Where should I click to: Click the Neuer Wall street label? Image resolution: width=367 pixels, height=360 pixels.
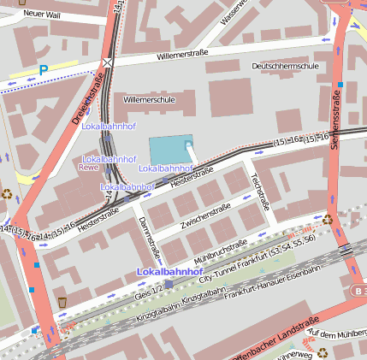pos(41,14)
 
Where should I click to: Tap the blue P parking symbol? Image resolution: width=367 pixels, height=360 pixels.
pos(43,70)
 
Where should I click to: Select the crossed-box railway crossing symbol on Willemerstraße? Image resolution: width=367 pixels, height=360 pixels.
pos(107,62)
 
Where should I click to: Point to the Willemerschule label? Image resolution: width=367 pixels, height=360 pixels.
pos(149,100)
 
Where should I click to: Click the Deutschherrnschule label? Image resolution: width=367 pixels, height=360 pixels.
pos(286,66)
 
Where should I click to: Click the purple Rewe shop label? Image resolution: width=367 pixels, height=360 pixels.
pos(88,168)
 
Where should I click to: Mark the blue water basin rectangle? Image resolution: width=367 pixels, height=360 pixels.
pos(172,149)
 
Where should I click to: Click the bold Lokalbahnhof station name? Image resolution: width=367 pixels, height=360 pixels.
pos(168,271)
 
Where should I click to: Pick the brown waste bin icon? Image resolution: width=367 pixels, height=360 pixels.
pos(62,302)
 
